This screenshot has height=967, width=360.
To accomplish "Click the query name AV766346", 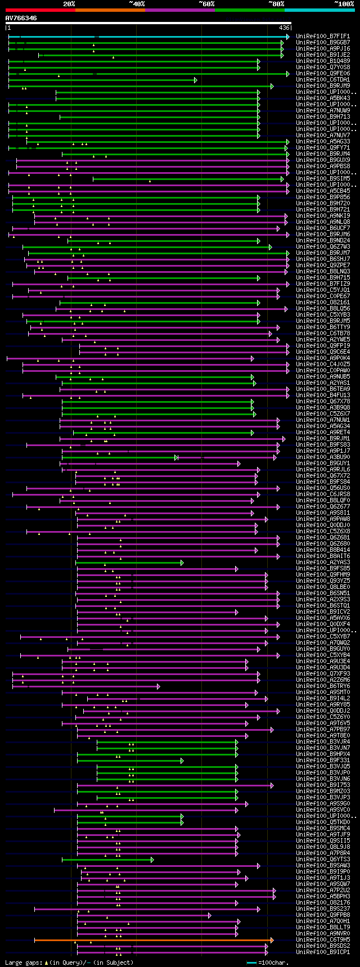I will click(x=21, y=18).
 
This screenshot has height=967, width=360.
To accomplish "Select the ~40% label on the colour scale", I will click(x=137, y=4).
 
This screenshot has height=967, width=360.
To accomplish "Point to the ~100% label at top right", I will click(x=344, y=4).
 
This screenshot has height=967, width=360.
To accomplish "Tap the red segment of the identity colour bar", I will click(x=40, y=10).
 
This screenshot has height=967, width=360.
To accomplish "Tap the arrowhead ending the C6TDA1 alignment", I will click(x=196, y=80).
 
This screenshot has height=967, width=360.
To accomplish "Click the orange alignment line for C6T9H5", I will click(x=152, y=939).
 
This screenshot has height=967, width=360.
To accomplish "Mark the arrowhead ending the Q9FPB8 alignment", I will click(x=210, y=915).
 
